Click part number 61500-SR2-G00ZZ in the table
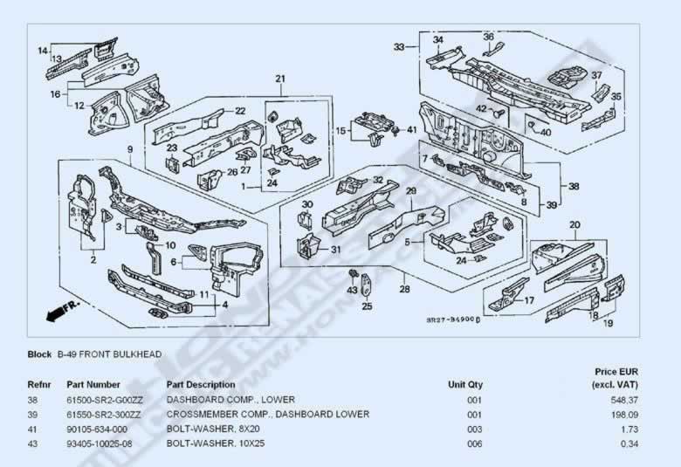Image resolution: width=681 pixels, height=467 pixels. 106,399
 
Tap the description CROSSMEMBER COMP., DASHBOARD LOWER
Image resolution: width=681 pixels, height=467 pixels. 267,414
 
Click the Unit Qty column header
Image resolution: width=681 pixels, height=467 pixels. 465,384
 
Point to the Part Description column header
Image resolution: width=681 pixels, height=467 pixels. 201,384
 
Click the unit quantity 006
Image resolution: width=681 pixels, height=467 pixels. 474,443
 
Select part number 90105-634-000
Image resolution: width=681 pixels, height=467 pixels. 97,429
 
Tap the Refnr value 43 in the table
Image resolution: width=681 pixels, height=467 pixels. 33,443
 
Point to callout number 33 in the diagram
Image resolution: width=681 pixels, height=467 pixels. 399,46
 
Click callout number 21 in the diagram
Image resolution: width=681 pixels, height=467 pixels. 280,79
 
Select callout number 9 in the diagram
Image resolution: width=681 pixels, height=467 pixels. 129,149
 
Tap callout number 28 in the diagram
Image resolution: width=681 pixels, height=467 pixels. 404,289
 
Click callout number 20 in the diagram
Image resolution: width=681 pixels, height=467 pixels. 574,225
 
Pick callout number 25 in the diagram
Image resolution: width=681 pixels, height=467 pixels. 367,306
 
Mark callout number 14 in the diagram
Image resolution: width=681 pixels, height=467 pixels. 41,51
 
